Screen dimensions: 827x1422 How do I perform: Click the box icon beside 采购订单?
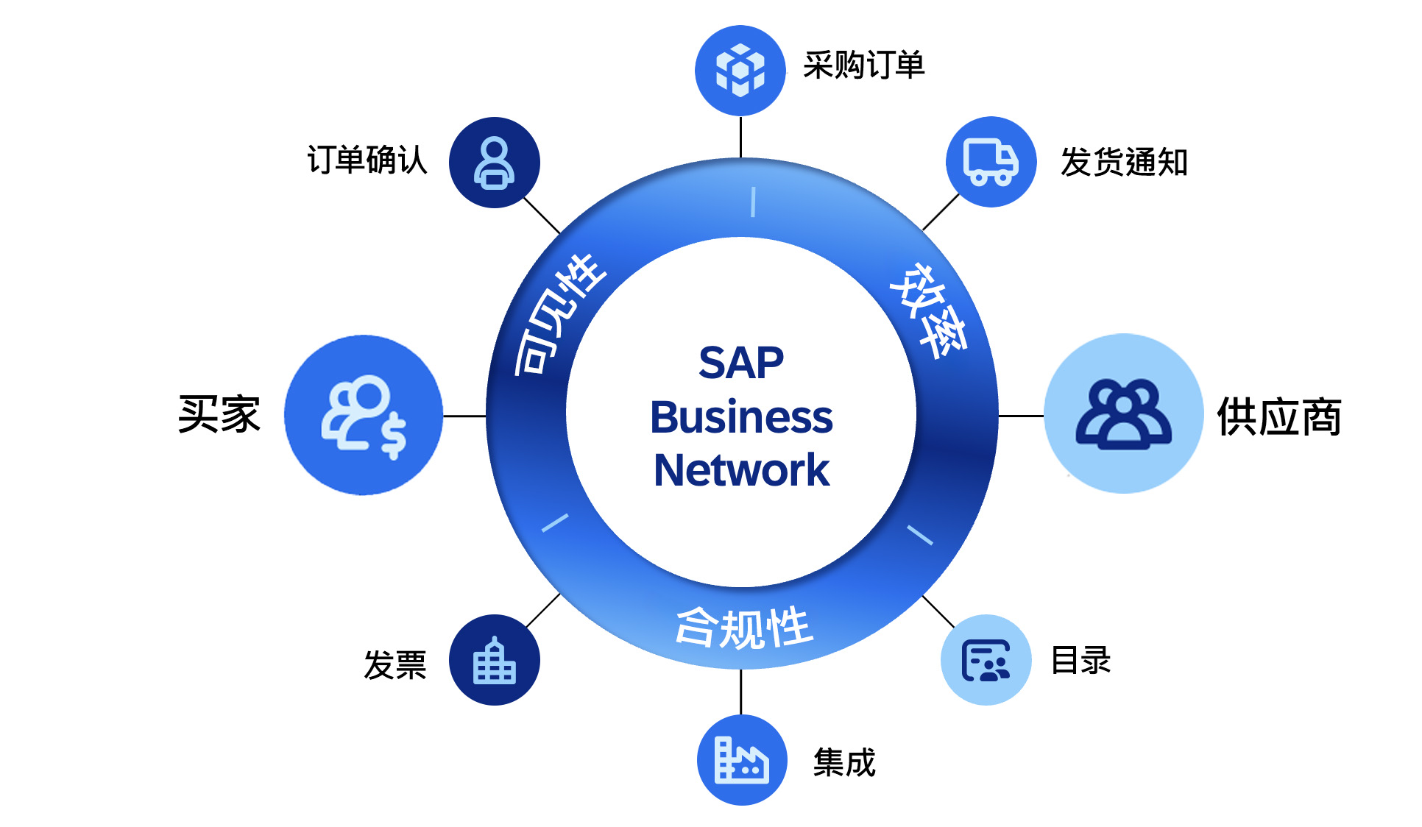(740, 71)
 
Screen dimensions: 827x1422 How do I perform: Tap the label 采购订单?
(863, 65)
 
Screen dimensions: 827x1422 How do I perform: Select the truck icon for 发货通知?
(991, 162)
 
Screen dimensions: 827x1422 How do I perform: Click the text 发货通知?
(1124, 163)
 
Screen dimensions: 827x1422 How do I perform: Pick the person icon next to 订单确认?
(495, 163)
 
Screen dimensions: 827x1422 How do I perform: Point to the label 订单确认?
(367, 160)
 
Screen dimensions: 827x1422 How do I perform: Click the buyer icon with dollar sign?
(364, 415)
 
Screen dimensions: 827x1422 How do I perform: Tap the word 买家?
(219, 414)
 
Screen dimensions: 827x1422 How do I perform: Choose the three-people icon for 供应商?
(1123, 413)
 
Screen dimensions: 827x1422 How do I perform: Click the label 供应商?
(1279, 417)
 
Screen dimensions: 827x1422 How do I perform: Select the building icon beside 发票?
(495, 660)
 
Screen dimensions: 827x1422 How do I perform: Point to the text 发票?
(395, 665)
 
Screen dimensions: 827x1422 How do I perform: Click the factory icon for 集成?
(742, 759)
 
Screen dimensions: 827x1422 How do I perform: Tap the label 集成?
(844, 762)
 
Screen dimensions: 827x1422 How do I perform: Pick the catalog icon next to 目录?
(986, 660)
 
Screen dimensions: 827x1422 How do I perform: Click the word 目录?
(1080, 660)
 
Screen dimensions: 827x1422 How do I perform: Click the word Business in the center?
(741, 417)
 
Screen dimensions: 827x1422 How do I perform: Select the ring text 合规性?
(743, 628)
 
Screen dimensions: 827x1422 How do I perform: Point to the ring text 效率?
(929, 310)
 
